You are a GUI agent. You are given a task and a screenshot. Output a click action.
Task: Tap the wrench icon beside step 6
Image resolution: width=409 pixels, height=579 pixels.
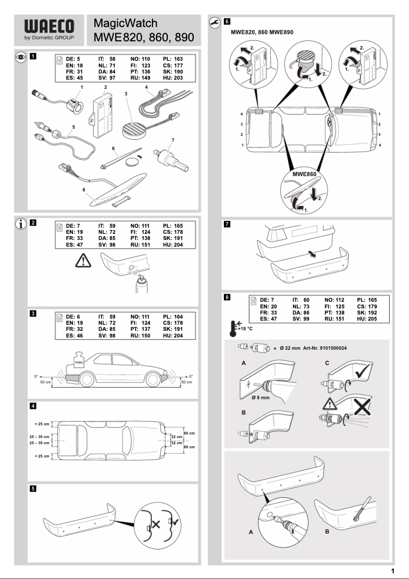coord(214,22)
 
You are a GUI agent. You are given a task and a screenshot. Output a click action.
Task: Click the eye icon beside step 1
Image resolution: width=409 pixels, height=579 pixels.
coord(20,57)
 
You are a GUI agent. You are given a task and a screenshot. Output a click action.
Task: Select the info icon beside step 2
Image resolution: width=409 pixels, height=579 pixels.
coord(20,223)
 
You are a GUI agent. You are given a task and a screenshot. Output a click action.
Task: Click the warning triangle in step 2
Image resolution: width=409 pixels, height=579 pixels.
coord(81,262)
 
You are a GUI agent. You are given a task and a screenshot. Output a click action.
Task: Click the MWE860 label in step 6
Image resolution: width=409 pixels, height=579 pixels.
coord(304,174)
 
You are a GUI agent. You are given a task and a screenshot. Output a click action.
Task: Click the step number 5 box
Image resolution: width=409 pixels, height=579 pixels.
coord(33,488)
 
